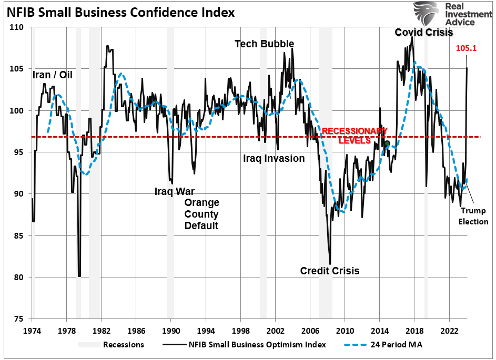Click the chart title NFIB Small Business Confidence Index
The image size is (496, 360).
tap(120, 11)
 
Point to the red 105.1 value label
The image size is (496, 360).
tap(465, 48)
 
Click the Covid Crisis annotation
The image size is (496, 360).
tap(424, 33)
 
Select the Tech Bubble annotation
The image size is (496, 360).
tap(264, 44)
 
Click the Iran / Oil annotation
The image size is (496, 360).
tap(53, 75)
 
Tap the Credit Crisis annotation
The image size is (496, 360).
tap(330, 271)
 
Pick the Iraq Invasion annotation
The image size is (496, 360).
tap(274, 158)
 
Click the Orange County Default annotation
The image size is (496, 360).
tap(201, 214)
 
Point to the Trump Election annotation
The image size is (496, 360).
tap(473, 216)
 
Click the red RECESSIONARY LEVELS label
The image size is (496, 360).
tap(347, 136)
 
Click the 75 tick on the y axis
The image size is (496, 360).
tap(21, 319)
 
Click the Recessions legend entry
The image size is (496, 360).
tap(124, 345)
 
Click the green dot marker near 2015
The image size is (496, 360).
tap(387, 143)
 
